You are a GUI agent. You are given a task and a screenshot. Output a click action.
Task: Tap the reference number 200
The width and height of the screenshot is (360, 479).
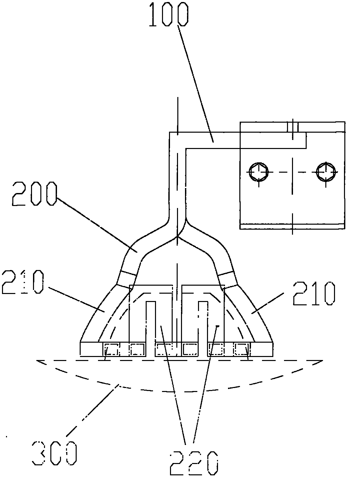34,194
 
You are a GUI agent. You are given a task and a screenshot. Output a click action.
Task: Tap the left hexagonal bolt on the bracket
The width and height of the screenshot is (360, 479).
259,172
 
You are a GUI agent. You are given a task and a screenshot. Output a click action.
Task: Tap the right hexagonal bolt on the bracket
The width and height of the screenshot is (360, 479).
326,172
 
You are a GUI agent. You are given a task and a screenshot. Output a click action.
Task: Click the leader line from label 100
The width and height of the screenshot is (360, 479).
196,84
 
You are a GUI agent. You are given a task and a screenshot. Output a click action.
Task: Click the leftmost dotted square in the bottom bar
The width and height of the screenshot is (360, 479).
111,349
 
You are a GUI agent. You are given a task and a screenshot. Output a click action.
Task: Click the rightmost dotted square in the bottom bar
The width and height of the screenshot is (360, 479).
241,349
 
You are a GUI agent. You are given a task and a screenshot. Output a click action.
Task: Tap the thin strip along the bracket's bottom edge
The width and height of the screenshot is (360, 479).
292,227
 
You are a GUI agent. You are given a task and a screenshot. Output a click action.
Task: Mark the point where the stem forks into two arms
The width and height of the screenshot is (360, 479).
177,237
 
